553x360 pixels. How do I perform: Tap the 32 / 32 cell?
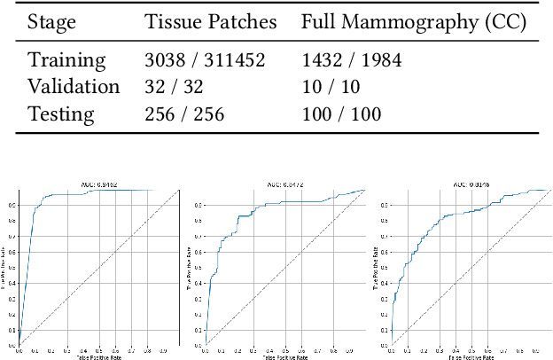[x=167, y=87]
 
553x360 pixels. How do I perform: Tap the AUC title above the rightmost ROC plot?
[x=469, y=185]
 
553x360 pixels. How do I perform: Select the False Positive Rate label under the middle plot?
[x=283, y=356]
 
